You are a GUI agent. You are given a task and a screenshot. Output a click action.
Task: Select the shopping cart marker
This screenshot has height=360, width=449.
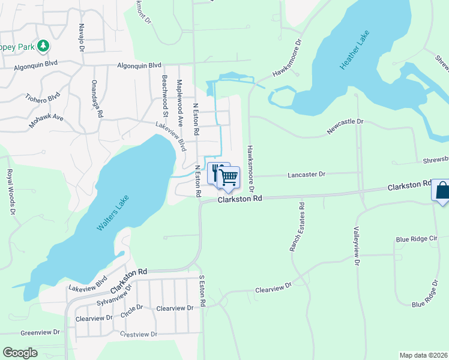(229, 177)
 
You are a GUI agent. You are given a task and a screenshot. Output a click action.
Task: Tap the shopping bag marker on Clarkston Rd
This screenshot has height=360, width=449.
(441, 191)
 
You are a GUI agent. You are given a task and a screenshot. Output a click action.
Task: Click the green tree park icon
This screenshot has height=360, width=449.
(43, 46)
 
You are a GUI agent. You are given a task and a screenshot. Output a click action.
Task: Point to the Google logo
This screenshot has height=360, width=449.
(20, 353)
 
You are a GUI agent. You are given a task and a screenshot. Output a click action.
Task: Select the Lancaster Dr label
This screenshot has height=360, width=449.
(306, 174)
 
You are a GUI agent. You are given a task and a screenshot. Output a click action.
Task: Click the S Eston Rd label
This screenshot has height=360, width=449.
(202, 291)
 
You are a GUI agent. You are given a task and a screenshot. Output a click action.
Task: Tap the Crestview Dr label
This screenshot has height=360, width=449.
(138, 334)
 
